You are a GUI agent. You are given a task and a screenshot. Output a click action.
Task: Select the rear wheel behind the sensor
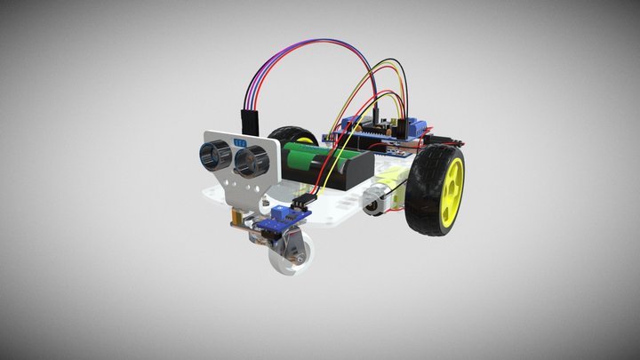point(292,138)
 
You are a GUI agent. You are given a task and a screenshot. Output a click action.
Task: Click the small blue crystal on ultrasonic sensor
point(237,140)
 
